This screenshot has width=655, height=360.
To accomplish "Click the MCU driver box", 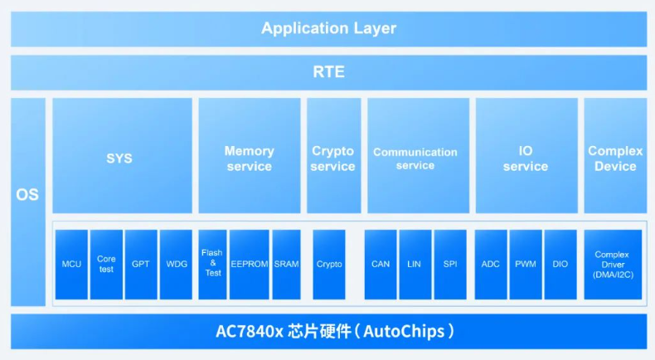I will click(x=71, y=265).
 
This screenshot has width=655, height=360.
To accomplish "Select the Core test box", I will click(x=106, y=265).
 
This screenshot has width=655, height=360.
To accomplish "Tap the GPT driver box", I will click(x=140, y=265).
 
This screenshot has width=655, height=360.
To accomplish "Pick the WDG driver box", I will click(x=176, y=265).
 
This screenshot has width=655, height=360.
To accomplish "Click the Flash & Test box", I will click(x=213, y=264).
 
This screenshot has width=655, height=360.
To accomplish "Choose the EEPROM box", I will click(x=250, y=265).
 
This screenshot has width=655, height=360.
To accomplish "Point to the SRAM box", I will click(x=286, y=265).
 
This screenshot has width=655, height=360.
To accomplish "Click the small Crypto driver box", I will click(x=329, y=265).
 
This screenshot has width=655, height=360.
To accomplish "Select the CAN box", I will click(x=381, y=265).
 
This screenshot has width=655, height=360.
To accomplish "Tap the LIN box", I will click(x=415, y=265).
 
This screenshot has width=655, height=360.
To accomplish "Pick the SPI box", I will click(x=450, y=265).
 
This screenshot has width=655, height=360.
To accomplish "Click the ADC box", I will click(x=491, y=265).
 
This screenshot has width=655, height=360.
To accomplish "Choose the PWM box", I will click(x=526, y=265).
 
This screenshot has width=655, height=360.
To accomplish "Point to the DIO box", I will click(x=560, y=265).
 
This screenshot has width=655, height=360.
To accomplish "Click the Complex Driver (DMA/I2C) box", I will click(x=614, y=265).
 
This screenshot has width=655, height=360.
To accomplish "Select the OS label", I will click(x=27, y=197).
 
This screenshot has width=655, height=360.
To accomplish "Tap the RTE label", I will click(x=328, y=72).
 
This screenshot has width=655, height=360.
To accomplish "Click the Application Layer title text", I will click(x=328, y=28).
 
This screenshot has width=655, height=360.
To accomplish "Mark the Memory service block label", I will click(x=249, y=158).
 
